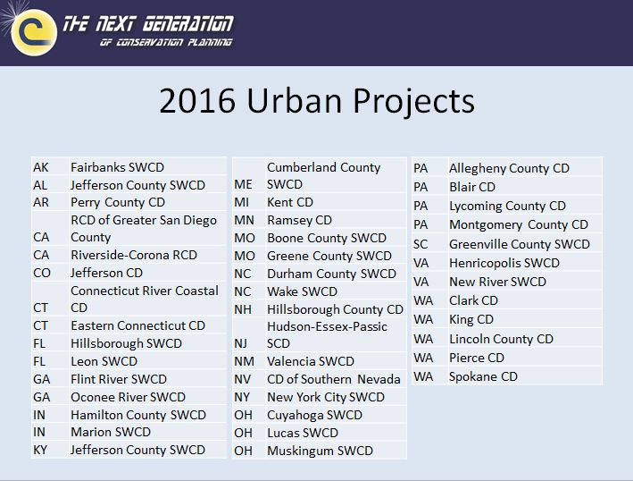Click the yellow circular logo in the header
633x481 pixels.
coord(34,32)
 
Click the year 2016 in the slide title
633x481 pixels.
coord(197,101)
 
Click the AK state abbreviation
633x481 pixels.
coord(41,167)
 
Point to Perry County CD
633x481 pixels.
coord(118,203)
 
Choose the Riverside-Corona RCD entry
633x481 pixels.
coord(134,255)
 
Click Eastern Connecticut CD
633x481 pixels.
coord(138,325)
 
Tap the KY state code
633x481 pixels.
coord(40,450)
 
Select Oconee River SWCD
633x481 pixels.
coord(128,397)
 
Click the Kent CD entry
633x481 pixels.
coord(290,202)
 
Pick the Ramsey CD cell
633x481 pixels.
coord(300,220)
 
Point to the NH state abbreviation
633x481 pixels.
coord(243,309)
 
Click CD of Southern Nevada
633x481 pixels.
coord(334,380)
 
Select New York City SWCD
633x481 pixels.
coord(326,397)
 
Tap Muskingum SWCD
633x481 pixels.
coord(321,451)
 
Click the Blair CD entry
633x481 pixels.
coord(472,187)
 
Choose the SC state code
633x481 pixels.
coord(421,245)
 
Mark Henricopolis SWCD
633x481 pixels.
coord(504,263)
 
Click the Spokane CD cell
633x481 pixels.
coord(484,376)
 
